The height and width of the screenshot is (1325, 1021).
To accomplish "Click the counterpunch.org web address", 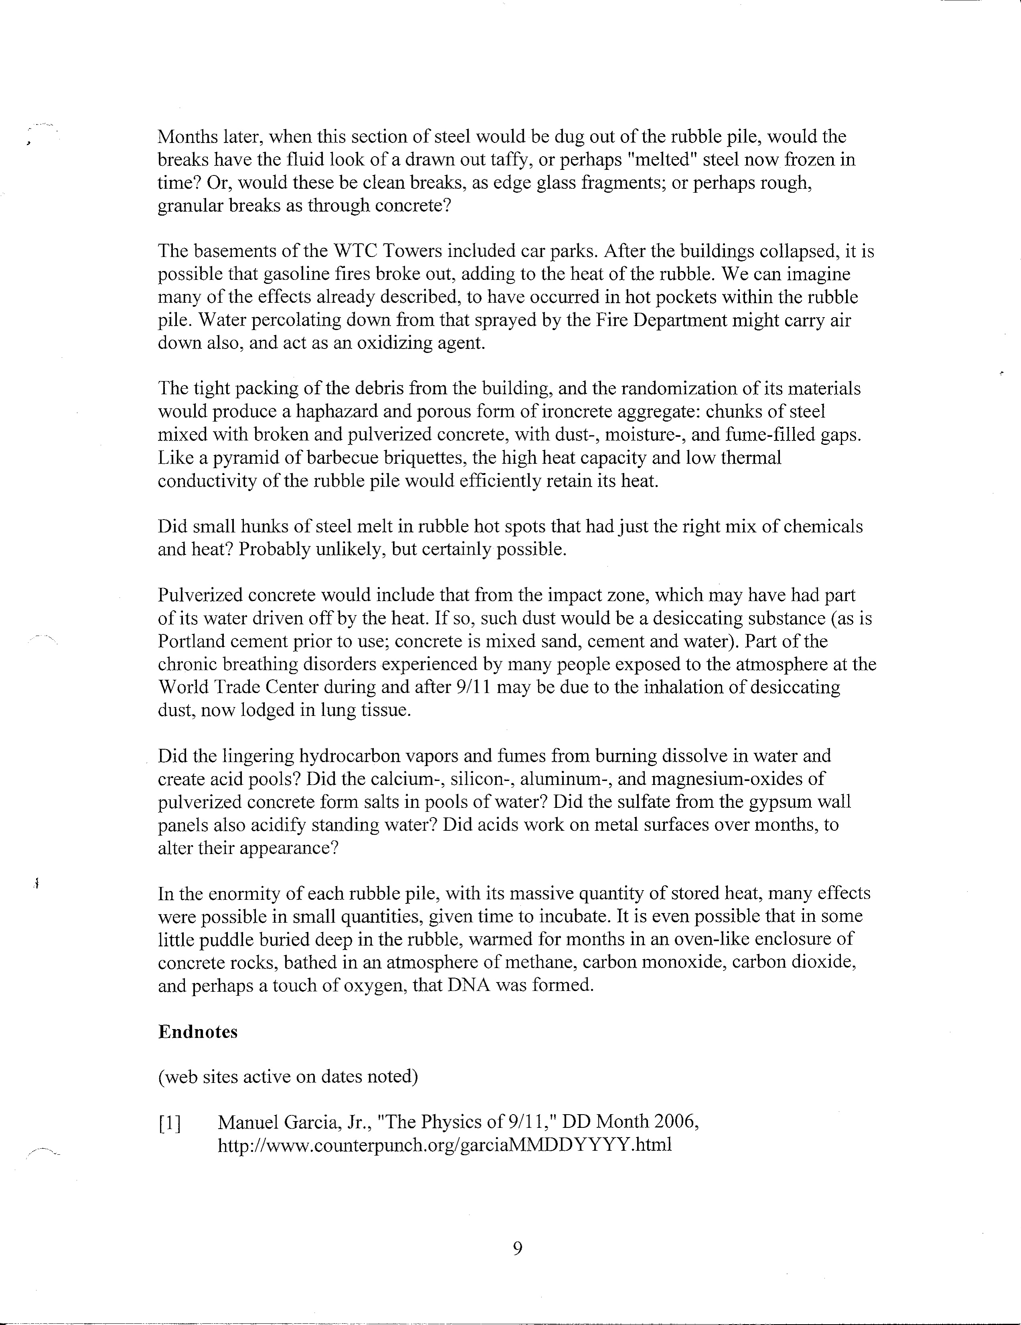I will click(x=445, y=1146).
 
